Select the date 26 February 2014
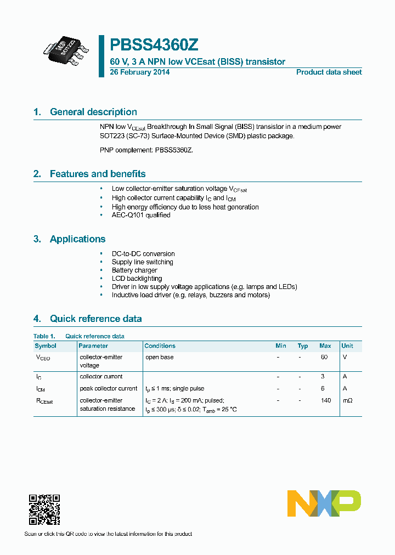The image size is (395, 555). (139, 72)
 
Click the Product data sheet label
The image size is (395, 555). (329, 72)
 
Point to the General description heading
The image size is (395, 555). (93, 112)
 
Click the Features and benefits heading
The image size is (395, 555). (98, 174)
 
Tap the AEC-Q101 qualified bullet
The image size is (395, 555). (141, 215)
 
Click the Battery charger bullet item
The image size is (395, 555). (134, 270)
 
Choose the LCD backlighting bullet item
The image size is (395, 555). (137, 279)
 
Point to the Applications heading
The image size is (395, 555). (77, 239)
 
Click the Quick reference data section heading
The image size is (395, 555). (95, 319)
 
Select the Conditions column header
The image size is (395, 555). (160, 346)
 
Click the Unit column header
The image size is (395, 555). (347, 346)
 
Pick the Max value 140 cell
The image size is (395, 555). (326, 400)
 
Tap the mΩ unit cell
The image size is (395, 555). (347, 400)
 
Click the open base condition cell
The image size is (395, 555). (159, 357)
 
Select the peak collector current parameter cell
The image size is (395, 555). (108, 388)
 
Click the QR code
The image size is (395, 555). (44, 509)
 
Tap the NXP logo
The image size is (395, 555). (324, 503)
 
